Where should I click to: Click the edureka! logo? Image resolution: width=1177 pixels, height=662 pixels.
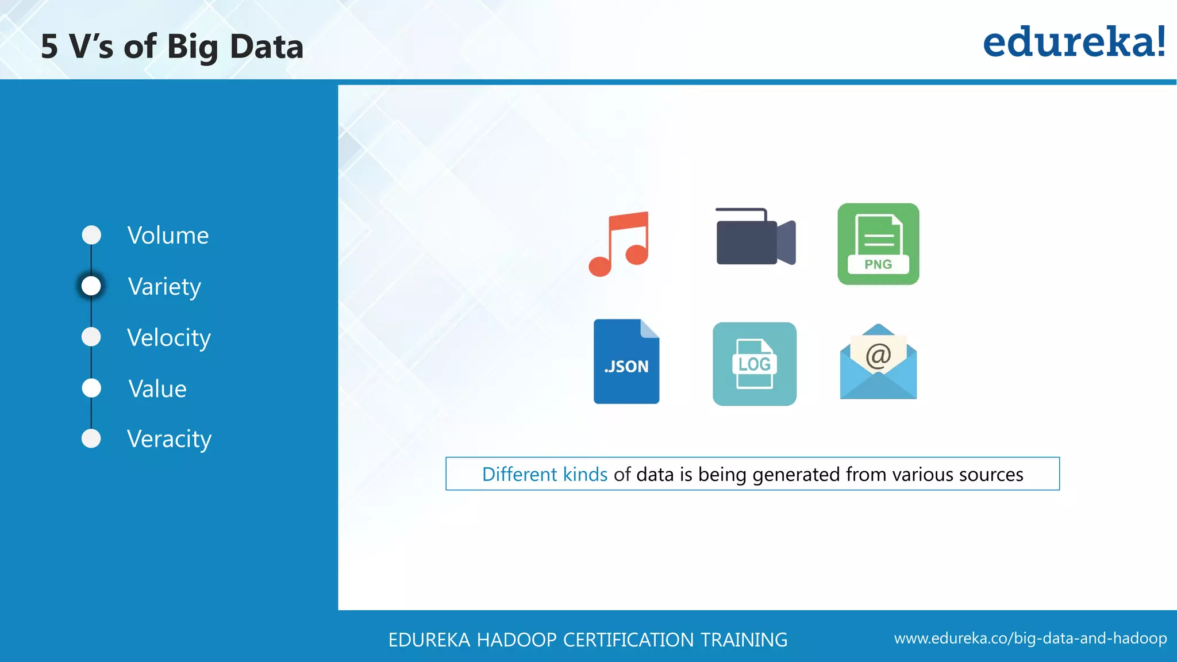click(1074, 43)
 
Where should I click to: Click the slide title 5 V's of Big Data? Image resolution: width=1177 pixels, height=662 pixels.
click(172, 47)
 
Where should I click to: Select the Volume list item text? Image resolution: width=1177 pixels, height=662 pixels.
click(168, 236)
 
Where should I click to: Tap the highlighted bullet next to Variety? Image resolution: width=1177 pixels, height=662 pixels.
click(91, 286)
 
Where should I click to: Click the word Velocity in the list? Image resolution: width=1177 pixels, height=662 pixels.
click(169, 338)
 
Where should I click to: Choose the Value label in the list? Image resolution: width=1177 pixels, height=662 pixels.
click(157, 389)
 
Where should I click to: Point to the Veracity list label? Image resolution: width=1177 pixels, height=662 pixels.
click(169, 439)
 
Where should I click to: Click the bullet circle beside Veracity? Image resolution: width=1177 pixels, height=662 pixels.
click(91, 438)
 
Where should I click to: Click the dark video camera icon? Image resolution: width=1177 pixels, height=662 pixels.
click(755, 237)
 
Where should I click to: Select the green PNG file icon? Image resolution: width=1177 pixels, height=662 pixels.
click(878, 244)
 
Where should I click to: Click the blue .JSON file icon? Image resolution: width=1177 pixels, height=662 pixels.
click(626, 361)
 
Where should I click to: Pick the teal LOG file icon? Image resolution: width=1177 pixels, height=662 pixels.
click(754, 364)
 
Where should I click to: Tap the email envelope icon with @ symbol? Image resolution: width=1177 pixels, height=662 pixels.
click(878, 362)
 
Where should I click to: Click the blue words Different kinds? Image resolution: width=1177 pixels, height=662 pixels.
click(544, 475)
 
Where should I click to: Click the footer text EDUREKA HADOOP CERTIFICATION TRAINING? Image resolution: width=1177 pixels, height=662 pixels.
click(587, 640)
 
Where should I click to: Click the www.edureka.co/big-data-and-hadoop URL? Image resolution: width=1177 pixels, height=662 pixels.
click(1030, 638)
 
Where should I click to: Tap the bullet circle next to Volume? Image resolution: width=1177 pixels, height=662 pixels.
click(91, 235)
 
